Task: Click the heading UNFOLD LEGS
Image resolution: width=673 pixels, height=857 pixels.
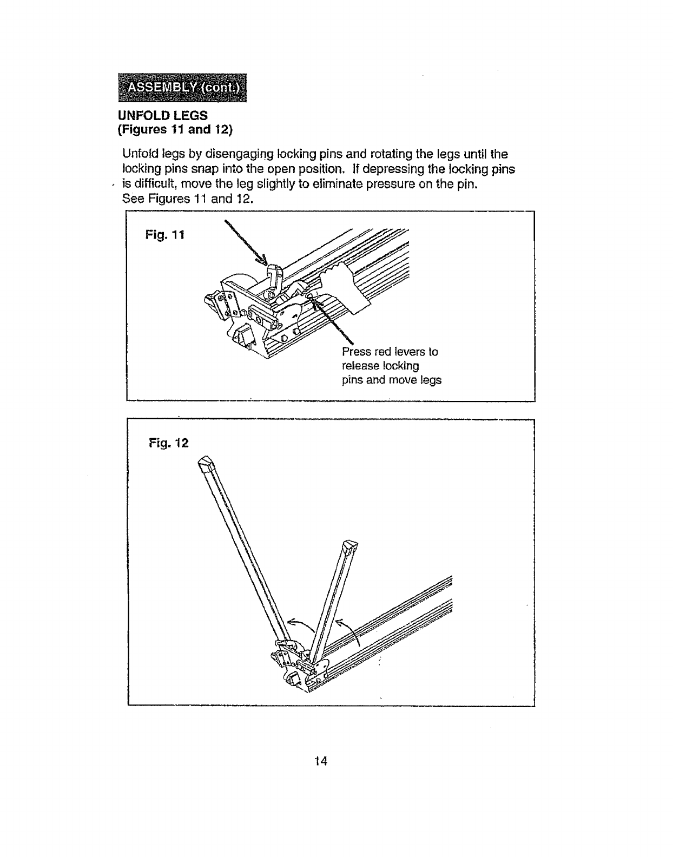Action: tap(163, 116)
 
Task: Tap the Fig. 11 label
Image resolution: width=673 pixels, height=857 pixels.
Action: tap(165, 235)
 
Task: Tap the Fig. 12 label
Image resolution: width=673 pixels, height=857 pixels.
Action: tap(169, 443)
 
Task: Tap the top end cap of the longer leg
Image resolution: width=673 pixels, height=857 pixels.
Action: tap(206, 465)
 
